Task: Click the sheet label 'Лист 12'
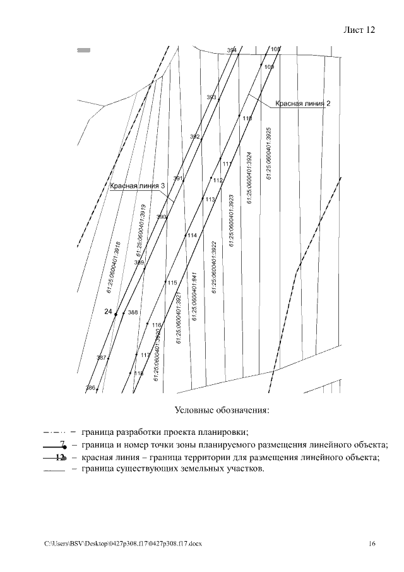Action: point(359,30)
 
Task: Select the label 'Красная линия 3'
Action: point(138,186)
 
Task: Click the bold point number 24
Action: point(108,312)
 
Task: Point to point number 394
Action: point(232,50)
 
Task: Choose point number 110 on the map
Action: point(247,119)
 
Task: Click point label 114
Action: point(192,235)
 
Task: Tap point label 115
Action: point(172,283)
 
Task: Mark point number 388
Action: point(133,312)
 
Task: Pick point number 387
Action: point(101,358)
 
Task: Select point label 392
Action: point(195,137)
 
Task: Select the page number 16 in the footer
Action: point(372,544)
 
